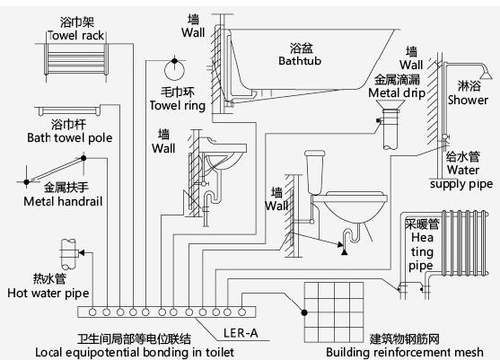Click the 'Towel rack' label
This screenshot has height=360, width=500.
76,35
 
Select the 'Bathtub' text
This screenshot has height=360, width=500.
300,60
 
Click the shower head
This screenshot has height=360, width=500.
487,74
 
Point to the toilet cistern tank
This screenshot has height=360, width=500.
315,172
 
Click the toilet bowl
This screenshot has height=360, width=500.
355,206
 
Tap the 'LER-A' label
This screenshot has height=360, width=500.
241,333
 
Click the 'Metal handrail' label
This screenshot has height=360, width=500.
63,201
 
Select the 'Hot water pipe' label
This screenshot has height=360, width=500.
48,293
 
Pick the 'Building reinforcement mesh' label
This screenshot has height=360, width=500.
404,352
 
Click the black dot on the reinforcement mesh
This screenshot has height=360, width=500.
304,312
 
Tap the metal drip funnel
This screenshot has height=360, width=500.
390,105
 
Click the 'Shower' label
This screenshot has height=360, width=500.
468,101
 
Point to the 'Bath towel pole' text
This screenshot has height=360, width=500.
70,138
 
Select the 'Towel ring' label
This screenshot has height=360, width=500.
178,106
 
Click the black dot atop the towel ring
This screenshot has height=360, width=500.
174,60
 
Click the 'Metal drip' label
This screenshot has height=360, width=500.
397,93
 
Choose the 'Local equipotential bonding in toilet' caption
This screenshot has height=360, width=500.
135,352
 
